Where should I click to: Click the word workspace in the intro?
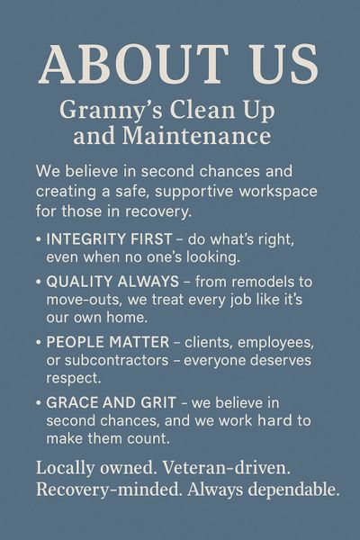(278, 192)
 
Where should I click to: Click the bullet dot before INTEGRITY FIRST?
(39, 239)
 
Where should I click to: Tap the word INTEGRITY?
(85, 239)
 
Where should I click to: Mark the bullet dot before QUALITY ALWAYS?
(39, 282)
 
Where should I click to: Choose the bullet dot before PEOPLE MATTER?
(39, 342)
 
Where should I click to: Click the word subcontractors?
(116, 360)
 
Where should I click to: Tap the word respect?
(74, 379)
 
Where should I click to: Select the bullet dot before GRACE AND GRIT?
(39, 402)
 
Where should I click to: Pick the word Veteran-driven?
(226, 468)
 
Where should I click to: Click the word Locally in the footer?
(65, 468)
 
